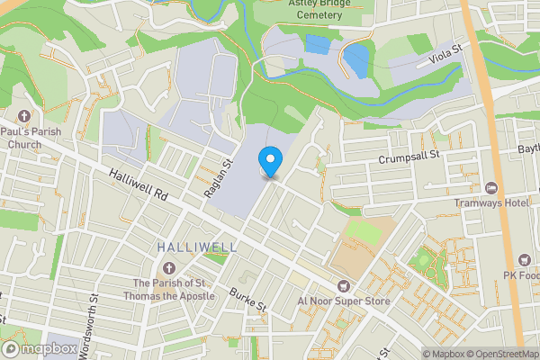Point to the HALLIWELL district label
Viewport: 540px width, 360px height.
tap(197, 247)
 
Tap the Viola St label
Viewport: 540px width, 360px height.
tap(445, 57)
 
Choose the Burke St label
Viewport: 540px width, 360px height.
tap(248, 300)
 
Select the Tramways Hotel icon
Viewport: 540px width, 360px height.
tap(491, 188)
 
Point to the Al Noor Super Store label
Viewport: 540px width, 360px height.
tap(344, 301)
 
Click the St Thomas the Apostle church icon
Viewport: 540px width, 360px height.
tap(169, 267)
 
